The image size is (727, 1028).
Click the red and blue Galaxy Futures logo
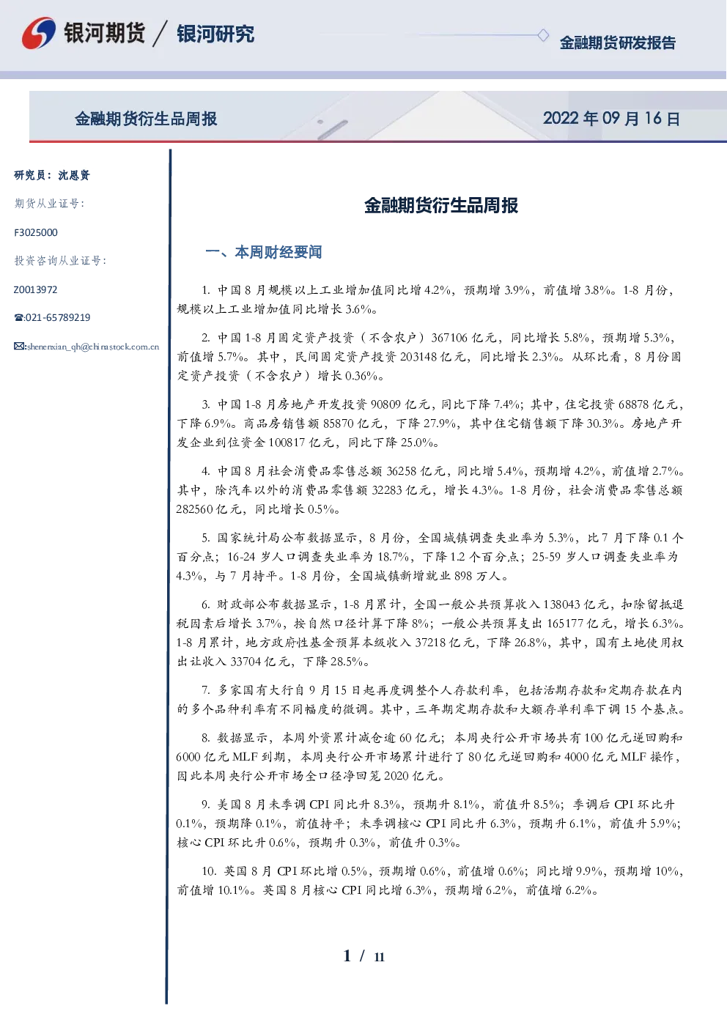pos(39,33)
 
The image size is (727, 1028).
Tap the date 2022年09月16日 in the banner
pos(611,119)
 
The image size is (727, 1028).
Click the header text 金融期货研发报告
pos(618,42)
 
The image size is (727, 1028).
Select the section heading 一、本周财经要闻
pos(264,252)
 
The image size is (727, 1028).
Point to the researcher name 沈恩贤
pos(74,175)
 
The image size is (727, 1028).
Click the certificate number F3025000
pos(36,233)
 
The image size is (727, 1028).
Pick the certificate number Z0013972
pos(35,289)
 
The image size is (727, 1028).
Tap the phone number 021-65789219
pos(58,317)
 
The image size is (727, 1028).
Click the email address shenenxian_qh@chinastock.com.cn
pos(93,347)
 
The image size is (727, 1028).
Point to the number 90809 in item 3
pos(386,404)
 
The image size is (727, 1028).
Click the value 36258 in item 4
pos(402,471)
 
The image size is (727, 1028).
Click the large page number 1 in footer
pos(347,956)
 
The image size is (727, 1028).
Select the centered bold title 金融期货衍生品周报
pos(440,206)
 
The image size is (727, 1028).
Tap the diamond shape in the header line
pos(543,35)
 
